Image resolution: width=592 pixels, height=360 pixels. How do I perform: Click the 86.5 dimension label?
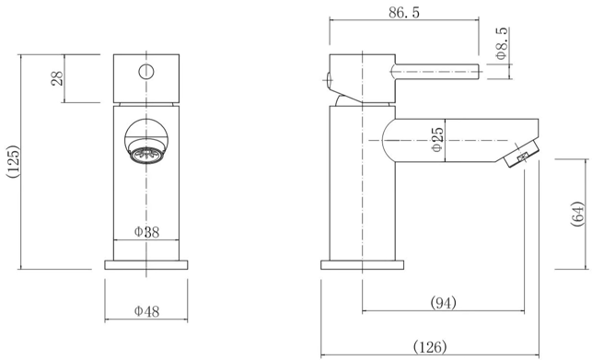[x=404, y=13]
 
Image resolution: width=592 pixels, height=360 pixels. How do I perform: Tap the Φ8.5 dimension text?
[x=502, y=43]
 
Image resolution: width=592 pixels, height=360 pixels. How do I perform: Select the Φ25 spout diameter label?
[x=436, y=139]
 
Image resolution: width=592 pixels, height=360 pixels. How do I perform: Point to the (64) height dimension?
[x=577, y=215]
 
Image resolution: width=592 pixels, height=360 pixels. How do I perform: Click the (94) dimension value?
[x=443, y=302]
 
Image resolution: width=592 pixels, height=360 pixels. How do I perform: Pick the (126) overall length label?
[x=430, y=346]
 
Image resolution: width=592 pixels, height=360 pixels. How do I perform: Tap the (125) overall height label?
[x=13, y=162]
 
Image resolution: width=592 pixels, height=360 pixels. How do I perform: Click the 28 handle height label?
[x=57, y=78]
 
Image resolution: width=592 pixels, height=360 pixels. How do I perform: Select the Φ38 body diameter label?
[x=147, y=232]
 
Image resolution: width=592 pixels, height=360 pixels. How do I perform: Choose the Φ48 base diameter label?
[x=147, y=311]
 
